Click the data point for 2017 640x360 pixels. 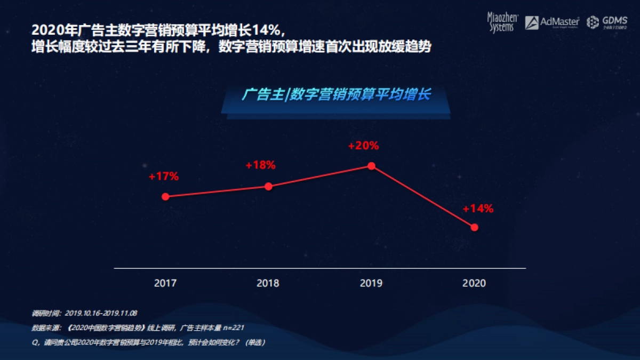[x=165, y=196]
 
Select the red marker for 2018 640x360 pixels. [x=268, y=186]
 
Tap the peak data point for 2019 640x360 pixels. [x=371, y=165]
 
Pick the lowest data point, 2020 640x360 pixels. [x=474, y=227]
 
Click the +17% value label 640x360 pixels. [x=164, y=176]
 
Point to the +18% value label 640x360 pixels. [x=260, y=165]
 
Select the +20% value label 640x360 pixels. [x=363, y=145]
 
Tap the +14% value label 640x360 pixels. [x=478, y=209]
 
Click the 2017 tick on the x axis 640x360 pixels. [x=165, y=283]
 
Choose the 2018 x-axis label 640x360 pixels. [x=268, y=283]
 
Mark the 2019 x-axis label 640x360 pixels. [x=371, y=283]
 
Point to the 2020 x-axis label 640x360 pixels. [x=474, y=283]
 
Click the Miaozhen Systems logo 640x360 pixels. [x=501, y=22]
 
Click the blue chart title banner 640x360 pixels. [x=336, y=95]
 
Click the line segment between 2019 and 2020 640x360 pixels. [x=423, y=196]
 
